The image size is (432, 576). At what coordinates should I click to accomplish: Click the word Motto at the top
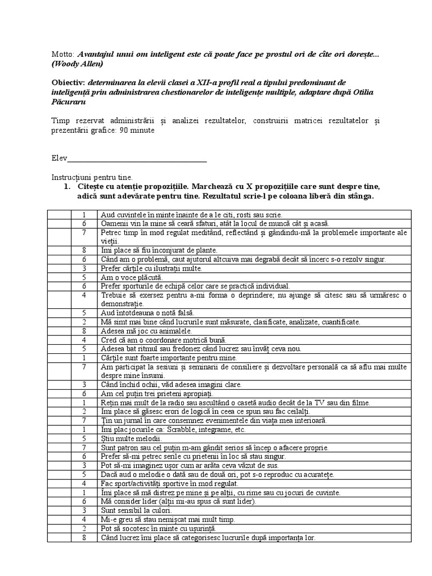(x=62, y=55)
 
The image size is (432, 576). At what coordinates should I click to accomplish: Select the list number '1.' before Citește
(x=66, y=186)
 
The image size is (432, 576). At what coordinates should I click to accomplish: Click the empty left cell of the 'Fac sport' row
(x=58, y=483)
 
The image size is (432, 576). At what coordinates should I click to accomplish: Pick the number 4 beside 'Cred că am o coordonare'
(x=83, y=340)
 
